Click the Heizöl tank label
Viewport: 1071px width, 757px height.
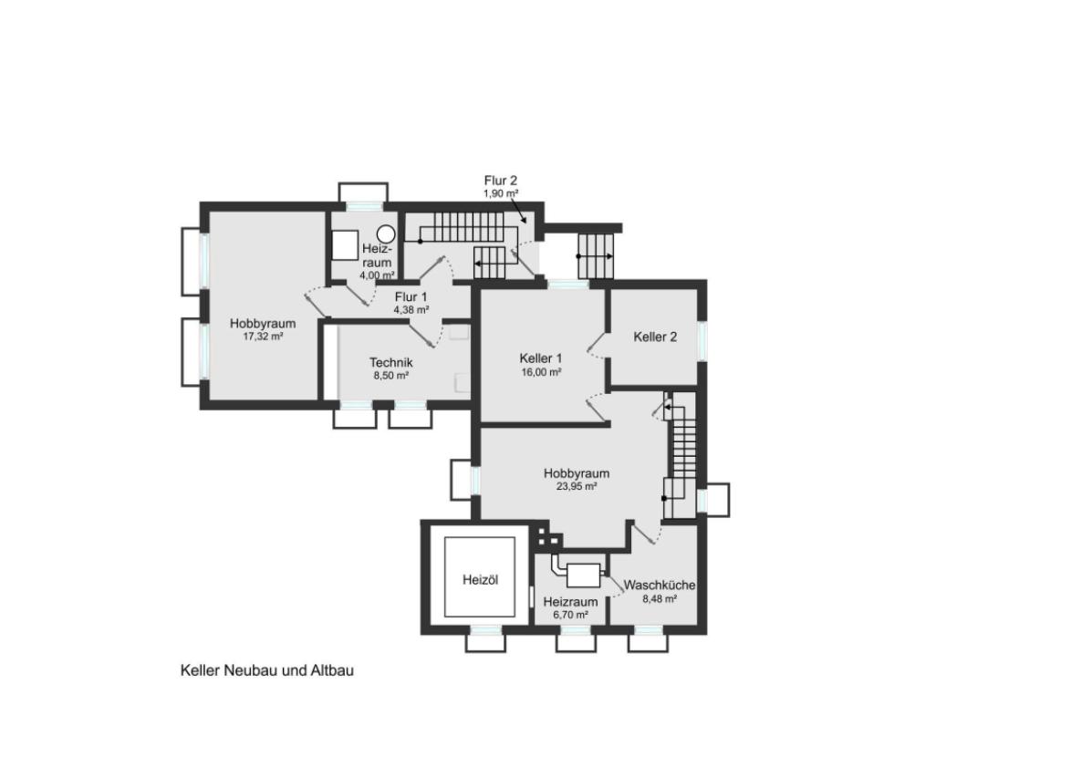[x=480, y=580]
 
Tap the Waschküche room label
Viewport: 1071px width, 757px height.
[x=660, y=585]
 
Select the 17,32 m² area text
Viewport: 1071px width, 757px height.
[x=263, y=336]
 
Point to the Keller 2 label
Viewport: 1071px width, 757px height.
[x=655, y=337]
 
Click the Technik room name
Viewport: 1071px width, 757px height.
[x=390, y=362]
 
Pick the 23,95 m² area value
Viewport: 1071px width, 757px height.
[x=577, y=486]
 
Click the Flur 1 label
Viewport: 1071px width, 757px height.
[x=411, y=297]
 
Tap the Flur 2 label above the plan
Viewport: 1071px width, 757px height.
[x=501, y=181]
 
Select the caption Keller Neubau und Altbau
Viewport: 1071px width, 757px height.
[x=267, y=670]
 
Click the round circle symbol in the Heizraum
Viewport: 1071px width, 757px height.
[x=387, y=234]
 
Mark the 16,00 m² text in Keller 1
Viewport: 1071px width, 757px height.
[x=541, y=372]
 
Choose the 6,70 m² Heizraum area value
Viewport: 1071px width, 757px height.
[x=570, y=615]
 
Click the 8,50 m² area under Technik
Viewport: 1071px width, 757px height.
[x=390, y=376]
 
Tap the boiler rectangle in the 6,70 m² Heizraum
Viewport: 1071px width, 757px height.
[x=583, y=576]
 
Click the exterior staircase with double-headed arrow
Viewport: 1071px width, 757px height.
[x=596, y=256]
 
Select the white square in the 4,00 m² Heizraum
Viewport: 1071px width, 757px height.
[x=345, y=244]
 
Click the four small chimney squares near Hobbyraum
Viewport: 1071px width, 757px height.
[x=547, y=535]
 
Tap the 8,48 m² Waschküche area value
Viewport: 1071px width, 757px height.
[x=660, y=598]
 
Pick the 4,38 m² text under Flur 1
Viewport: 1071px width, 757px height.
[x=411, y=309]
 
